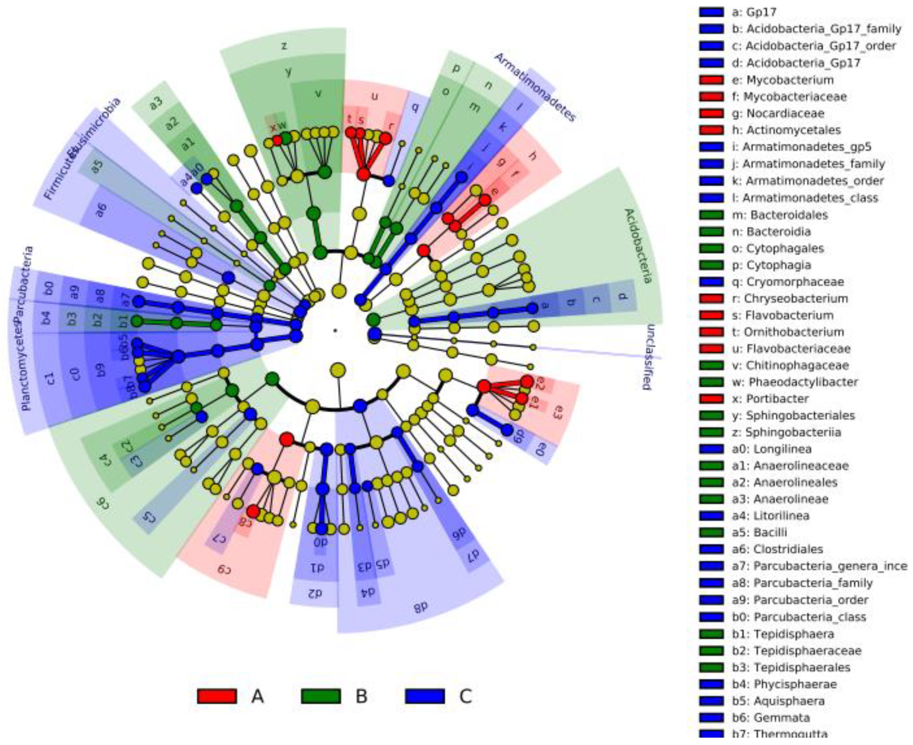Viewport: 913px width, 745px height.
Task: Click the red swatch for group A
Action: click(x=217, y=696)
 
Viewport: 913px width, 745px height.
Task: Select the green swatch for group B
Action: click(x=321, y=696)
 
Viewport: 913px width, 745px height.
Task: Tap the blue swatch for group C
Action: click(x=424, y=696)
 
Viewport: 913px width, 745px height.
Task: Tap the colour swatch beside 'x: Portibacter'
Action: click(x=711, y=398)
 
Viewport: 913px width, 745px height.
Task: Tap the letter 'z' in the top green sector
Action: click(x=284, y=45)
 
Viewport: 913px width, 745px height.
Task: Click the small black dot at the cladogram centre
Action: click(x=335, y=330)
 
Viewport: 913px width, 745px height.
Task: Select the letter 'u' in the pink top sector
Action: click(x=375, y=96)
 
